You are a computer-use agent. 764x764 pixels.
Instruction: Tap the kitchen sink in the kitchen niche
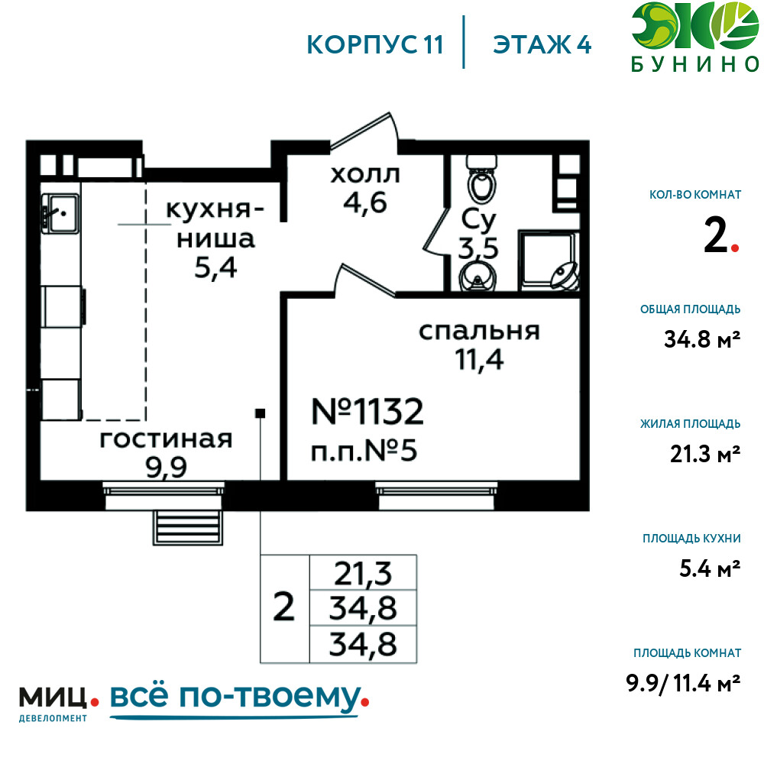pos(60,213)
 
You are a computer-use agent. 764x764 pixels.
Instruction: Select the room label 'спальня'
pos(480,331)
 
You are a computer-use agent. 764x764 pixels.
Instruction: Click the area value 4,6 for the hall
pos(365,202)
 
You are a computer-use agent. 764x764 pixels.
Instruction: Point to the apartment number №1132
pos(367,411)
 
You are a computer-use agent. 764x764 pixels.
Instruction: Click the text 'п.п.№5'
pos(364,451)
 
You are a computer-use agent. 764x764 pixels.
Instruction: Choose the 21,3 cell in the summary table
pos(363,574)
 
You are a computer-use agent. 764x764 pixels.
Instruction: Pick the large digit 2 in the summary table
pos(284,607)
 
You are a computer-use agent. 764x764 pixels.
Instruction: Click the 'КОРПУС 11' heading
pos(374,45)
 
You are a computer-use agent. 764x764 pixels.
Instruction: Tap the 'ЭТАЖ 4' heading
pos(542,45)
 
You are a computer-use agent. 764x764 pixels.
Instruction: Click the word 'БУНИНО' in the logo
pos(695,64)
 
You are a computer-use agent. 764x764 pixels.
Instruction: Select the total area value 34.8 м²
pos(702,339)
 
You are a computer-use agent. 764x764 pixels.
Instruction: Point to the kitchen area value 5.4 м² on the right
pos(710,568)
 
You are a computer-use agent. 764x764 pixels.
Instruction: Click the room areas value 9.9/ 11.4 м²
pos(683,683)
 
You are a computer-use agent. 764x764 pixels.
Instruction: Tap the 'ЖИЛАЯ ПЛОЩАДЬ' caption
pos(691,423)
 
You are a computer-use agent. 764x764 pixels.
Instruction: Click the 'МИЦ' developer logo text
pos(53,698)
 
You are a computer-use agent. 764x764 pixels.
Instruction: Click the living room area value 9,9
pos(166,468)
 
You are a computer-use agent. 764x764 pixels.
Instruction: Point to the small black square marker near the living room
pos(261,413)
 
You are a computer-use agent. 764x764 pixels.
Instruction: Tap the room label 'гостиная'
pos(166,439)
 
